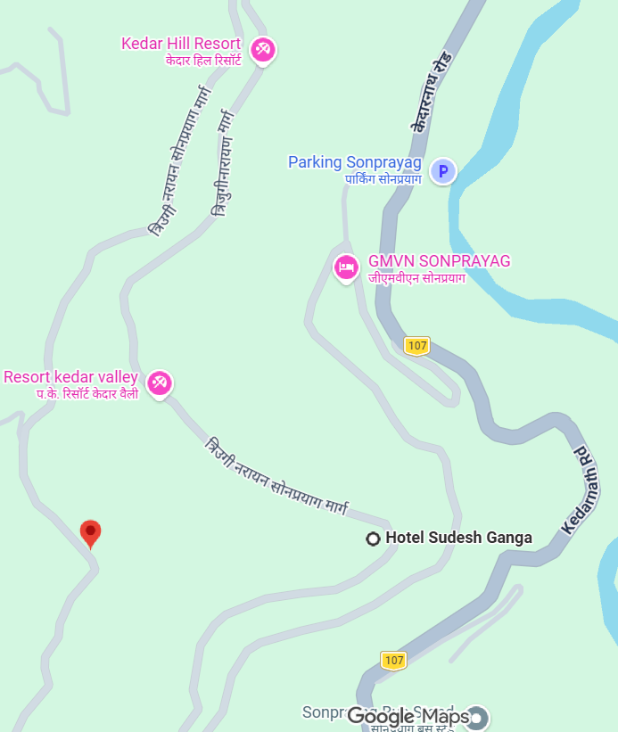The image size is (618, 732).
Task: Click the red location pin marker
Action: (x=90, y=532)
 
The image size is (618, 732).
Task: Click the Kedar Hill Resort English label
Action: (x=181, y=44)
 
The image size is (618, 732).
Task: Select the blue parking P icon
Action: (x=443, y=170)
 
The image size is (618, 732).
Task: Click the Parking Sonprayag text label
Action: (x=354, y=162)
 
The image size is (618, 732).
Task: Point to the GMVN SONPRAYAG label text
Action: (x=439, y=261)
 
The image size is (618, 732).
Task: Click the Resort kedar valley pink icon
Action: (x=160, y=383)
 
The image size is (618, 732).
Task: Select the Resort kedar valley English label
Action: (x=71, y=377)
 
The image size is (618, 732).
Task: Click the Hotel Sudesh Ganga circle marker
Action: (x=374, y=538)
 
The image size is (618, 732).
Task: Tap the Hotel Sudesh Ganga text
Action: (x=458, y=538)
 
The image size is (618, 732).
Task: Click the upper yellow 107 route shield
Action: (x=416, y=345)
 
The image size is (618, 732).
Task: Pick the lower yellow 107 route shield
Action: (x=394, y=660)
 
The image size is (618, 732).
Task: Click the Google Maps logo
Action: (x=408, y=716)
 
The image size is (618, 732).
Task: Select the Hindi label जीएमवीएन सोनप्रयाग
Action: (x=416, y=278)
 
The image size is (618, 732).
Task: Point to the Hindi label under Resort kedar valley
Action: (x=87, y=393)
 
